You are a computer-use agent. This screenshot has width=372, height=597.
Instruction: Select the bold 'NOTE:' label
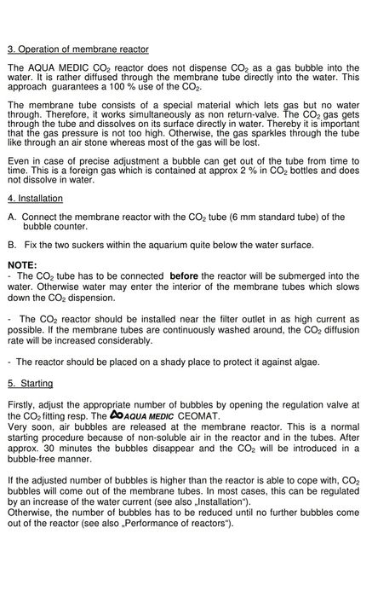pos(22,265)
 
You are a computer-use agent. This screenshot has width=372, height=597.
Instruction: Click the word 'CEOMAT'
pos(197,415)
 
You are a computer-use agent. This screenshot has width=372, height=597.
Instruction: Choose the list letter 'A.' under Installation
pos(11,217)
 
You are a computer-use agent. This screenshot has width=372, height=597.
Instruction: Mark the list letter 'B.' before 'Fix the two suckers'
pos(11,245)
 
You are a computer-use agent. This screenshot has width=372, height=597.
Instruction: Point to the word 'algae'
pos(302,362)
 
